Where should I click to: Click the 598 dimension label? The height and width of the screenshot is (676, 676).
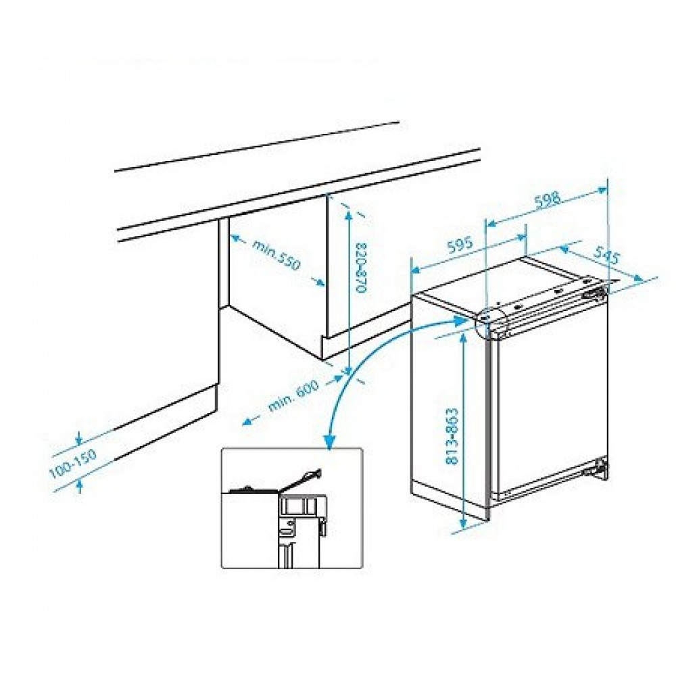click(x=548, y=201)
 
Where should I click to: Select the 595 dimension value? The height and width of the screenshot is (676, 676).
click(x=460, y=246)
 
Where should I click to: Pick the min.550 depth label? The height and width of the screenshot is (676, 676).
click(x=275, y=256)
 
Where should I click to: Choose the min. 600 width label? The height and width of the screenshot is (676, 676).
click(x=293, y=395)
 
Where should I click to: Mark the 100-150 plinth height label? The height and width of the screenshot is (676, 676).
click(x=73, y=465)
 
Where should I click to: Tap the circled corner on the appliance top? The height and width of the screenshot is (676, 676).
click(x=489, y=320)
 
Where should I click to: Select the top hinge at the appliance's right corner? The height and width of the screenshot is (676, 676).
click(x=595, y=293)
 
